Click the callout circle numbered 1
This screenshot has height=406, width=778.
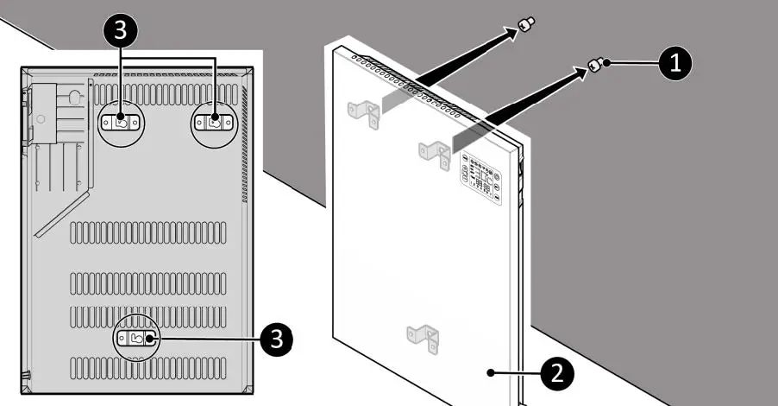point(674,63)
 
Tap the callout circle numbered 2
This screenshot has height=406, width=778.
point(556,373)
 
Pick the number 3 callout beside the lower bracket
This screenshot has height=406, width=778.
point(276,339)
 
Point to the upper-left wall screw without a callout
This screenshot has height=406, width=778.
point(526,26)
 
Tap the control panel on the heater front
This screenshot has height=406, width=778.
point(482,178)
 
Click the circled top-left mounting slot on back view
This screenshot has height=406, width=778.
point(121,123)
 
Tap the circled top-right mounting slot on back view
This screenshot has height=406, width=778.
point(213,123)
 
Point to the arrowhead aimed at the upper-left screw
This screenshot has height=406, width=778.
point(514,34)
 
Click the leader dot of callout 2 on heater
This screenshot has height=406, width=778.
point(490,373)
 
